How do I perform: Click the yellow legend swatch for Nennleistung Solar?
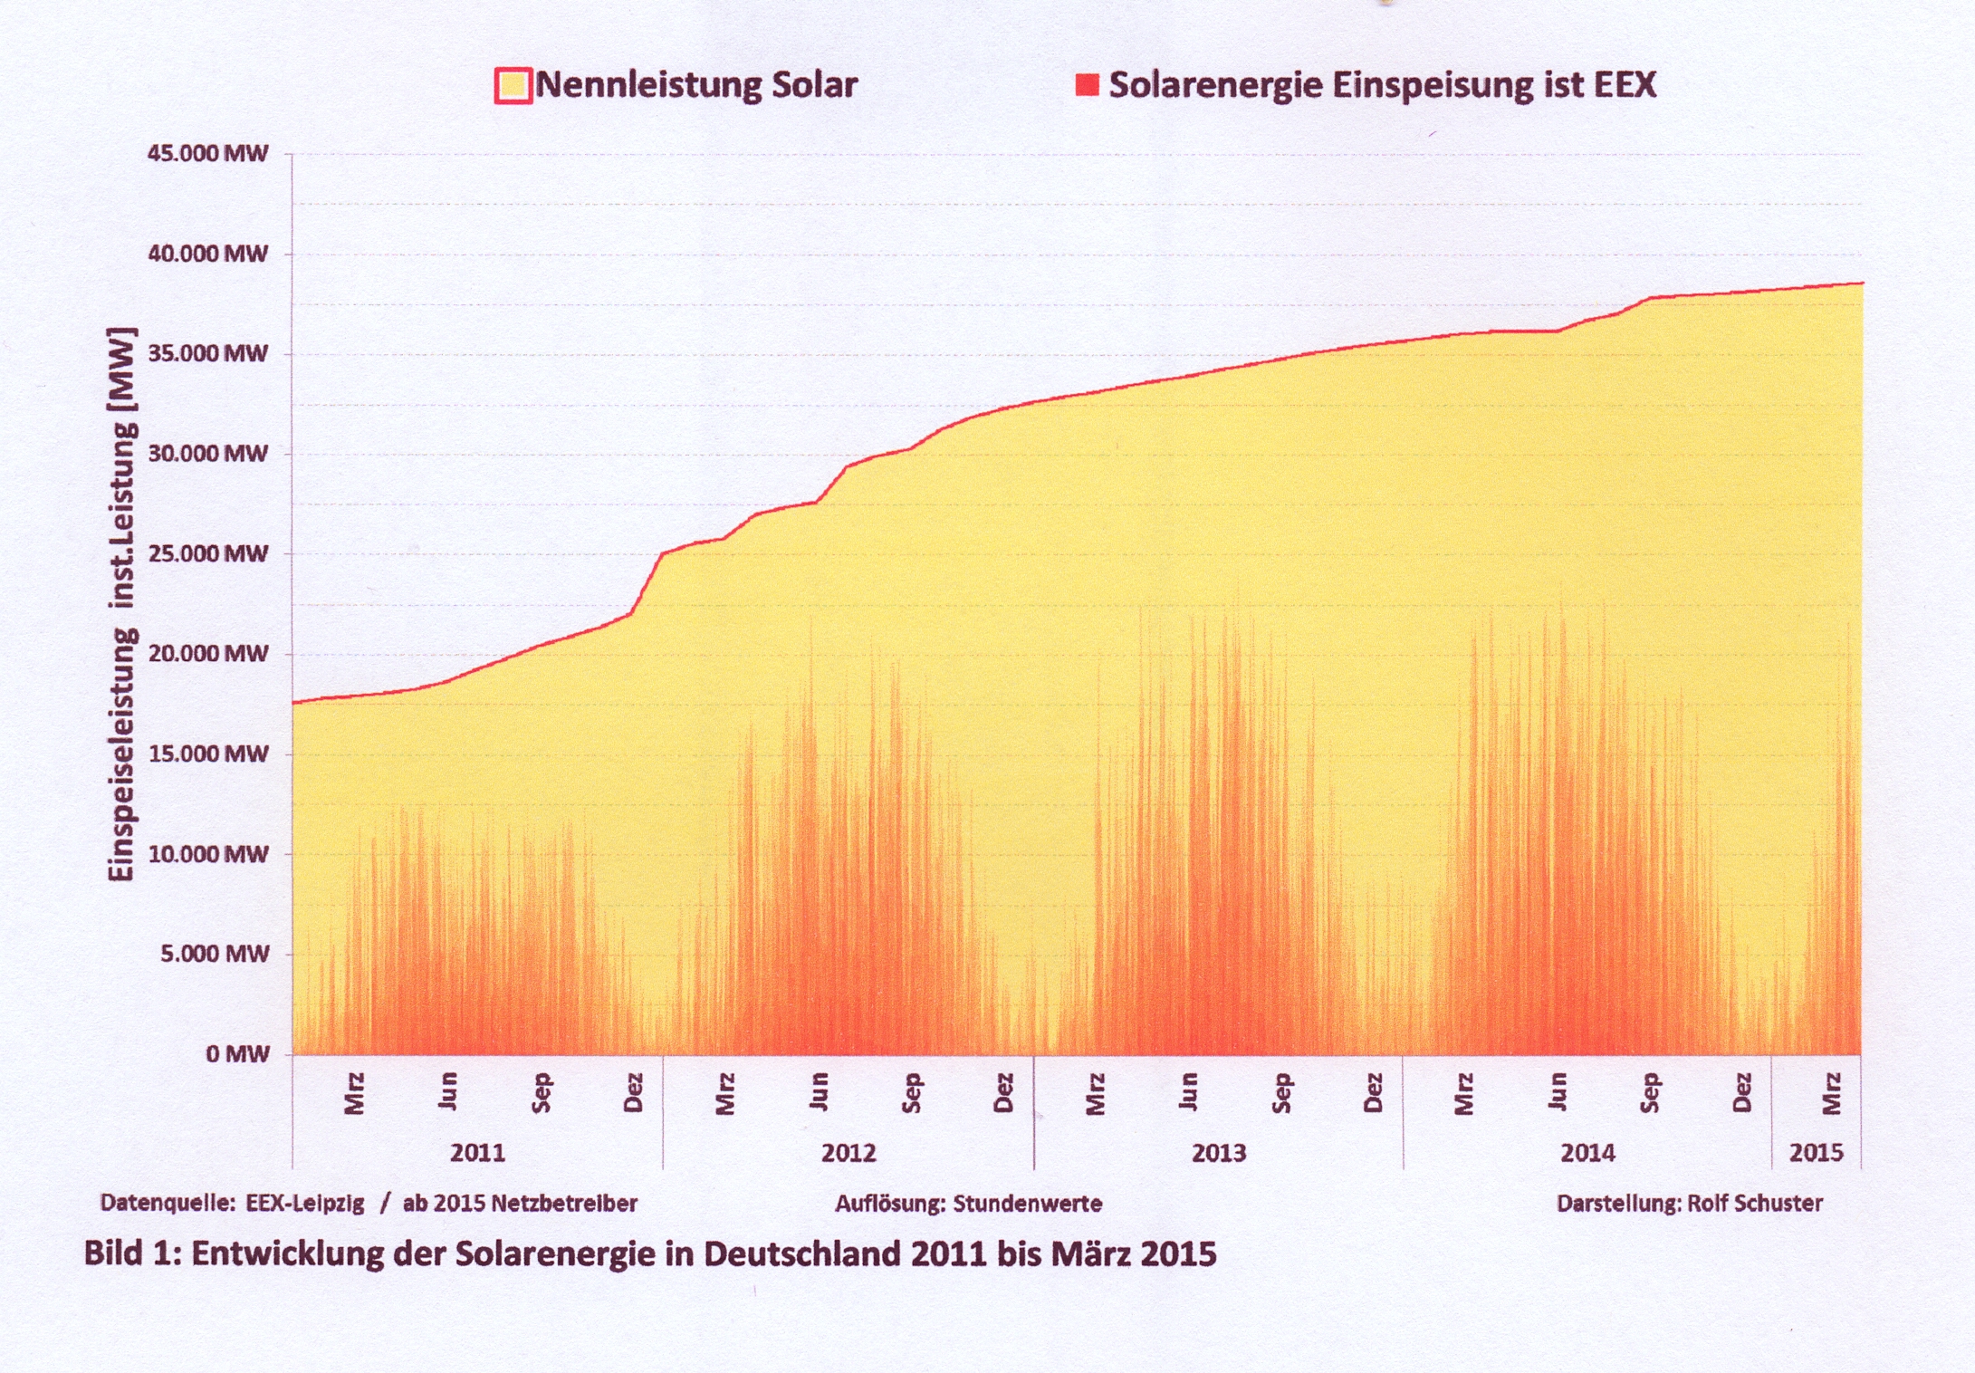click(513, 86)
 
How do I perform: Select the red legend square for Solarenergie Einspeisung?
click(1087, 86)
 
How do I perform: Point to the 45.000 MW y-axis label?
click(208, 153)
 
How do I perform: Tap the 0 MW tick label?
click(237, 1054)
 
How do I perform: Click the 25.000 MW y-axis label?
click(208, 553)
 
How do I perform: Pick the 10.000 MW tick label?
click(208, 854)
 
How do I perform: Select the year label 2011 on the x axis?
click(477, 1153)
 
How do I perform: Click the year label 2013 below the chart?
click(1219, 1153)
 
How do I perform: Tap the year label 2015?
click(1816, 1153)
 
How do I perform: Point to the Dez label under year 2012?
click(1003, 1093)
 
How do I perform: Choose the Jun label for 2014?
click(1558, 1093)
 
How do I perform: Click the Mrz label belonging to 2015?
click(1832, 1093)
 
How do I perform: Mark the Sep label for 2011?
click(542, 1093)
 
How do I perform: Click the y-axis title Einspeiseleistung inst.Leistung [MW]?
click(121, 604)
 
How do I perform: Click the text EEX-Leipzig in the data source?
click(305, 1204)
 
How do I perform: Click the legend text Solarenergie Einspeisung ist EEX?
click(1382, 86)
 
